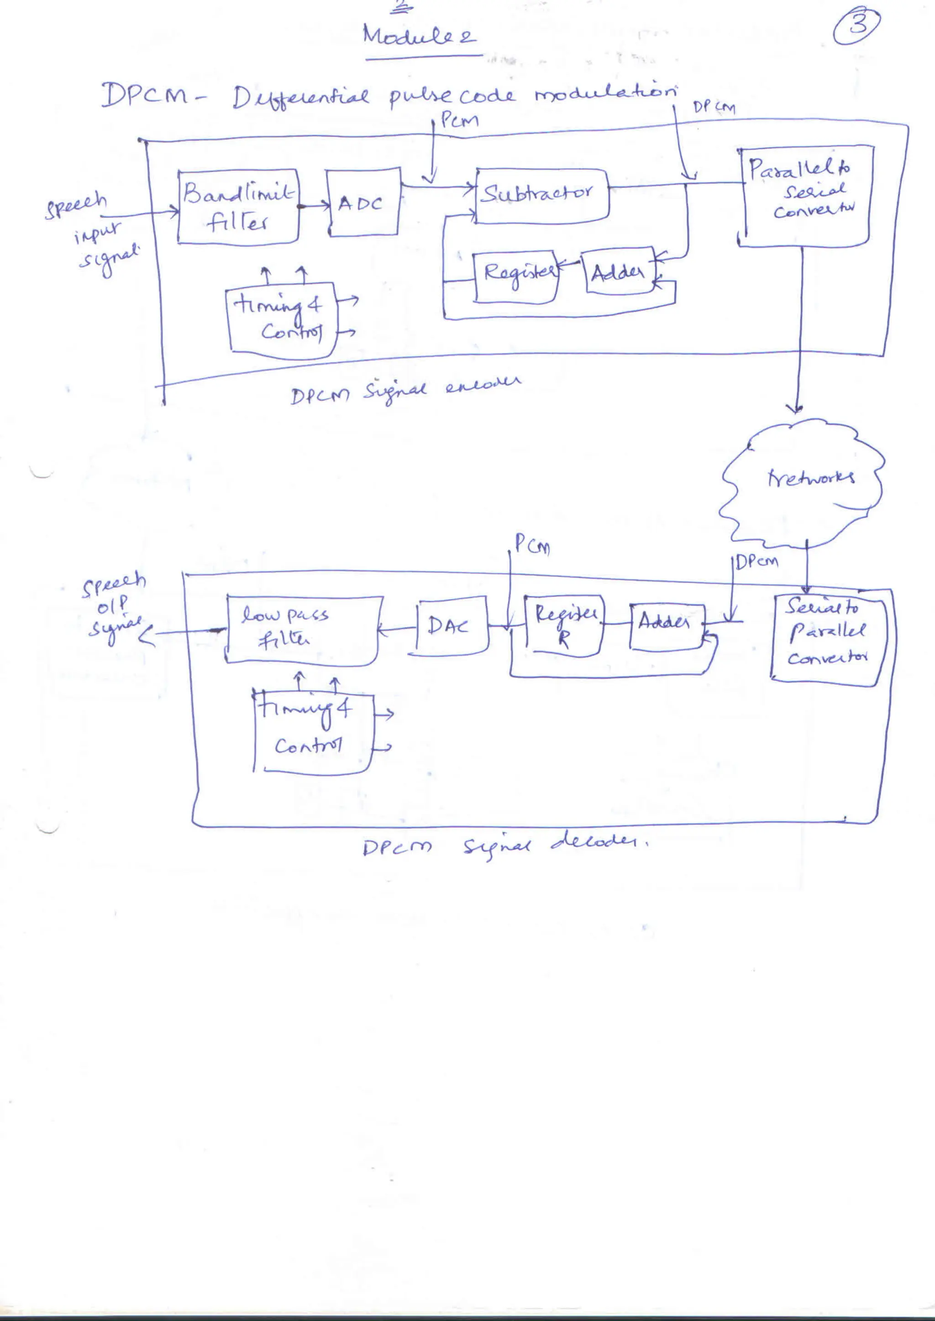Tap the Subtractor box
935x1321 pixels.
[542, 196]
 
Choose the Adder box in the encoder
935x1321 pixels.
[619, 273]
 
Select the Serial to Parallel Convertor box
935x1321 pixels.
[827, 639]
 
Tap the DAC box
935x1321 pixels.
[452, 627]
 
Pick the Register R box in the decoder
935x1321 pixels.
[564, 627]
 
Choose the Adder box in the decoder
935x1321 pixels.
[667, 627]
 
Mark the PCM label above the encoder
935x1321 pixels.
[459, 121]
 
